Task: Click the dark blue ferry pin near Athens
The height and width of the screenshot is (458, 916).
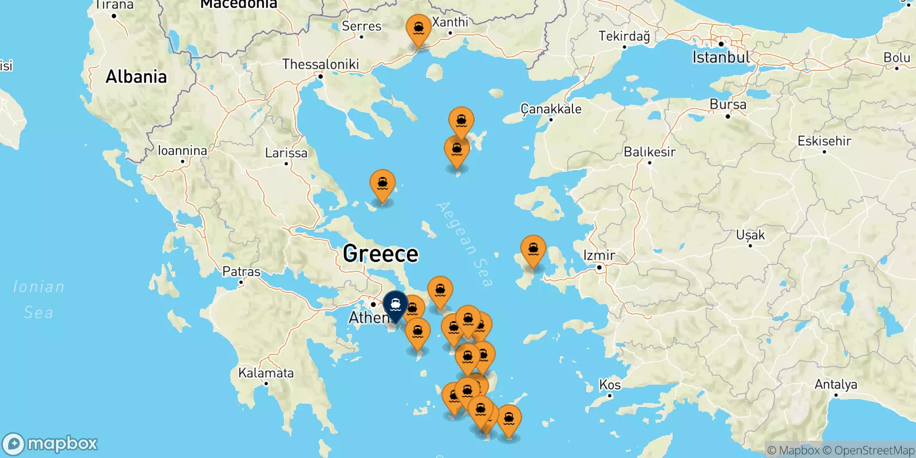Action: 395,304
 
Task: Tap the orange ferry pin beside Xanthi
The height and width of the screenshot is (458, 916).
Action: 418,29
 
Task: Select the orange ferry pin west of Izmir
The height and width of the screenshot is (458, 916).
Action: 533,250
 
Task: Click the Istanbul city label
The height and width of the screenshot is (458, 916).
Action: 721,57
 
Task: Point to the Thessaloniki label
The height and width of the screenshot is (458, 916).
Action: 321,64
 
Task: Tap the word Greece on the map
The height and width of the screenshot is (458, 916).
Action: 381,254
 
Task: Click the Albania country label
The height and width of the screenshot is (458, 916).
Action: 136,77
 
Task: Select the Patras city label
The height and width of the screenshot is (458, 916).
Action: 241,271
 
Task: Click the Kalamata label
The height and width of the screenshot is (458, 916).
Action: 266,373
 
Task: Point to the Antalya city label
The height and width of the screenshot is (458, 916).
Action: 836,384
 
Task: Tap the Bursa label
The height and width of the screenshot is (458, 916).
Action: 728,105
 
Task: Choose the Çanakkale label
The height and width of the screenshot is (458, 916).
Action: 551,109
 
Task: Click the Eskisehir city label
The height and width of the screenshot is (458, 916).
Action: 824,141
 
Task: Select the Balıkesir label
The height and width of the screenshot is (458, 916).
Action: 649,152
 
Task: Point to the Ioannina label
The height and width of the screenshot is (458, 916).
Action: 183,151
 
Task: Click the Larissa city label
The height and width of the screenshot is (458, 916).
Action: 286,153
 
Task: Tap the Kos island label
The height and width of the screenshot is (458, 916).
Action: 610,385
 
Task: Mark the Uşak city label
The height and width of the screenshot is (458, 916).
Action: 750,235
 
